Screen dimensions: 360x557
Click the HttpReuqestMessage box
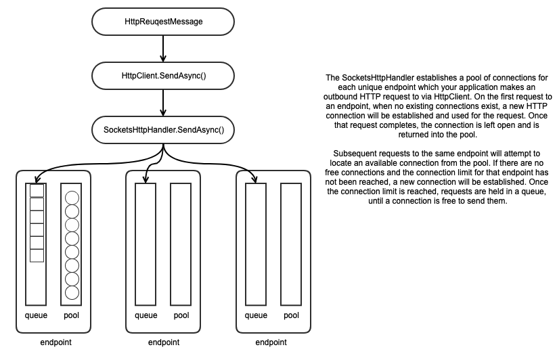[164, 22]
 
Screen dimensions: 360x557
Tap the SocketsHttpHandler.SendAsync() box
[164, 128]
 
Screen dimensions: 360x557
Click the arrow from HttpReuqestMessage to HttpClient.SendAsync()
[164, 48]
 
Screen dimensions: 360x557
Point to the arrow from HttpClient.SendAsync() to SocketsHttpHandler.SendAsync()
[164, 102]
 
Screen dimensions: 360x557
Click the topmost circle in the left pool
[71, 199]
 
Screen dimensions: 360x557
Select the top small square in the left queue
[37, 191]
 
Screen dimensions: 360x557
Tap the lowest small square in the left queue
[37, 256]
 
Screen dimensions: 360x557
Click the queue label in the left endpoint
[37, 315]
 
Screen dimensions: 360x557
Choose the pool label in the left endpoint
[71, 315]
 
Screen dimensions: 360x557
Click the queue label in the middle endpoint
[146, 315]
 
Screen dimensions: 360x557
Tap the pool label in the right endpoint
[291, 315]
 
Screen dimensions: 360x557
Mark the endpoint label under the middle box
[163, 342]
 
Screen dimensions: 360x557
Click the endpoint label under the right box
[273, 342]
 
